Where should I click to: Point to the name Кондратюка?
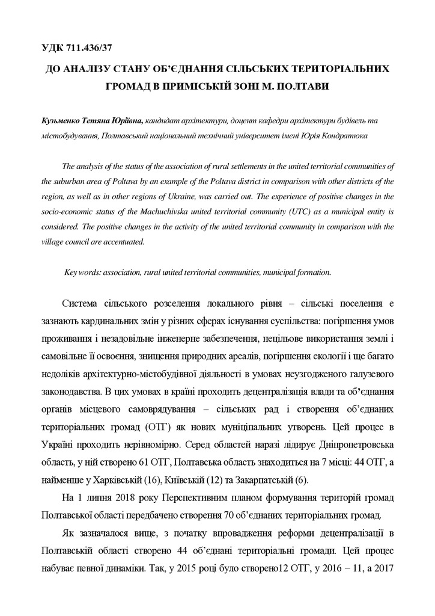click(x=344, y=136)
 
